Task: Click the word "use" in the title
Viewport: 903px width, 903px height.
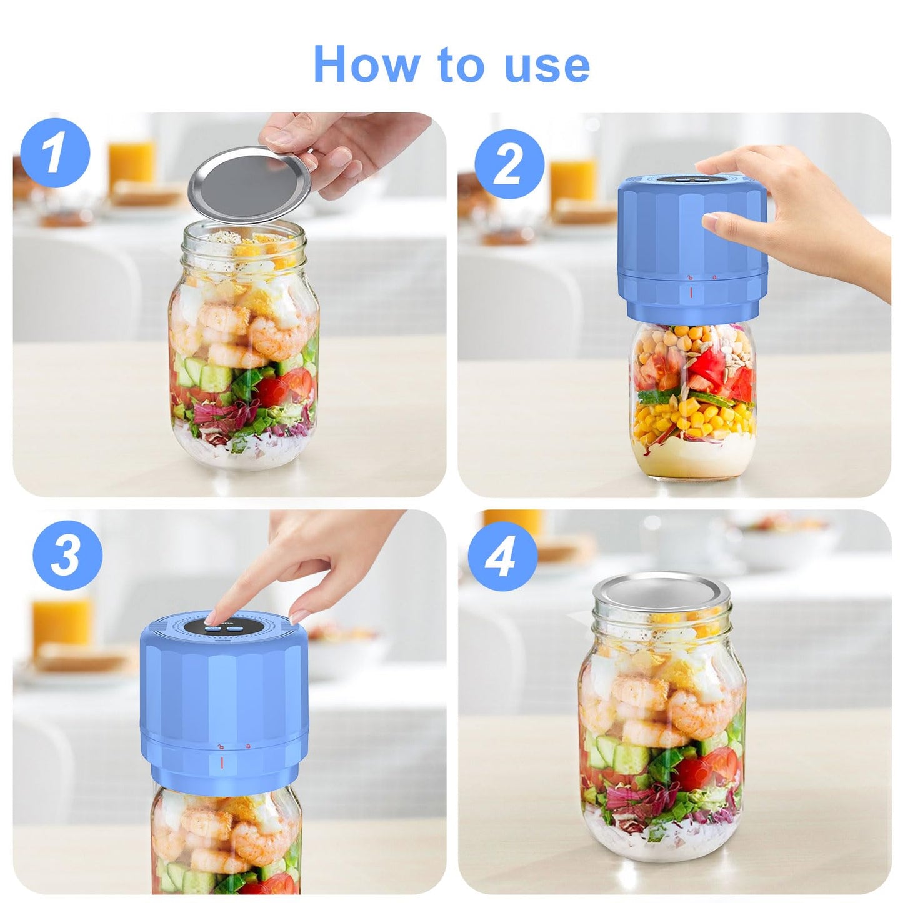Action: tap(547, 65)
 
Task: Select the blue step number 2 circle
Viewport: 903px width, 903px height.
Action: tap(509, 164)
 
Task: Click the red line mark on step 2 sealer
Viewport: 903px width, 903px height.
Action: tap(691, 292)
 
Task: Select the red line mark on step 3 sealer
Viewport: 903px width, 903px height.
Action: tap(221, 762)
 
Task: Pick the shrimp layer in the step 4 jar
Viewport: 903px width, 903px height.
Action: tap(650, 706)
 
